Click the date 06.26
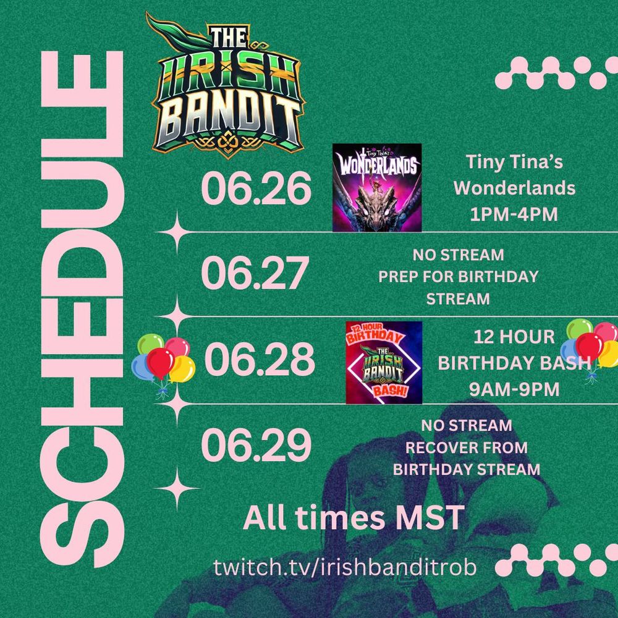pyautogui.click(x=256, y=188)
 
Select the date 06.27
pyautogui.click(x=255, y=273)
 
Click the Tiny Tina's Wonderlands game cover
pyautogui.click(x=377, y=187)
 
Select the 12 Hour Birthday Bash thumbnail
pyautogui.click(x=384, y=362)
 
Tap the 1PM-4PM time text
pyautogui.click(x=514, y=214)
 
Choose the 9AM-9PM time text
pyautogui.click(x=514, y=389)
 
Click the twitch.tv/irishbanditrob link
pyautogui.click(x=345, y=567)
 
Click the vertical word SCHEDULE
pyautogui.click(x=82, y=310)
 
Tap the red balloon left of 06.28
pyautogui.click(x=160, y=362)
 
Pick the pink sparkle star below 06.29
pyautogui.click(x=177, y=489)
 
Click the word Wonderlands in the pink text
pyautogui.click(x=514, y=188)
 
